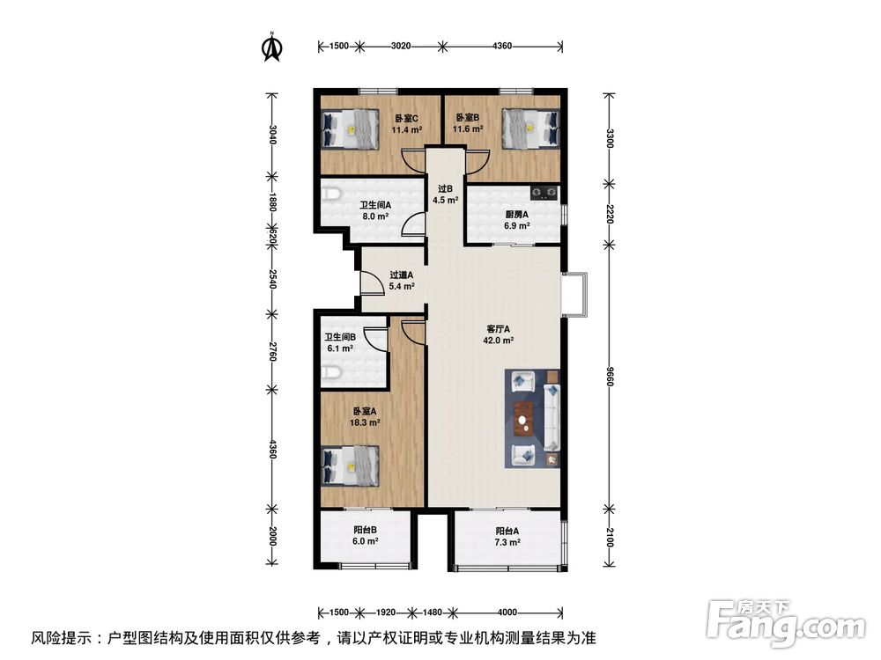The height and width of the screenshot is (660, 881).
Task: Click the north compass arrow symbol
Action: click(x=273, y=48)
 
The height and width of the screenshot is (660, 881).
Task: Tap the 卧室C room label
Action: click(x=406, y=119)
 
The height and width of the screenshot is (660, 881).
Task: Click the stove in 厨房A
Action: click(x=542, y=191)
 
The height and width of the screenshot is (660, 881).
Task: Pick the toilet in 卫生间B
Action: click(x=330, y=374)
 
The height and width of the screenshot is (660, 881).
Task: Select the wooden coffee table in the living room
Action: click(x=527, y=418)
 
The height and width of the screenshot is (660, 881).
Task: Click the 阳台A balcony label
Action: click(x=507, y=531)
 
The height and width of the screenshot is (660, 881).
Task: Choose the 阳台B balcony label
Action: click(x=366, y=530)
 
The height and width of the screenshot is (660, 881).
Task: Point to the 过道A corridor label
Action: click(x=402, y=274)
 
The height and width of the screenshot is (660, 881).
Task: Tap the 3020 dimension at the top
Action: click(x=401, y=45)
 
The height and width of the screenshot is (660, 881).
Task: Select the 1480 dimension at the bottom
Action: click(x=432, y=612)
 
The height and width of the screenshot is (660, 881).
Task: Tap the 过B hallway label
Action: click(x=445, y=188)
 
